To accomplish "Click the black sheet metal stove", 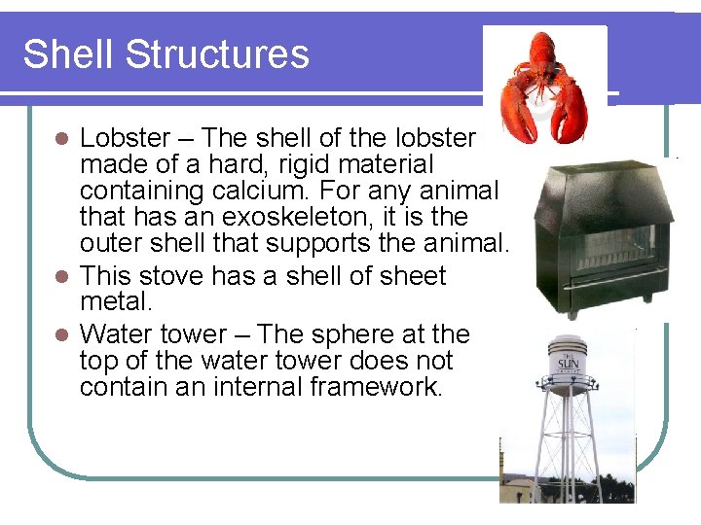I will (603, 238).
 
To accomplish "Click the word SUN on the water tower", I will (568, 364).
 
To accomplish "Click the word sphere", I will (358, 333).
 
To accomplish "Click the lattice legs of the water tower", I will (569, 442).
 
